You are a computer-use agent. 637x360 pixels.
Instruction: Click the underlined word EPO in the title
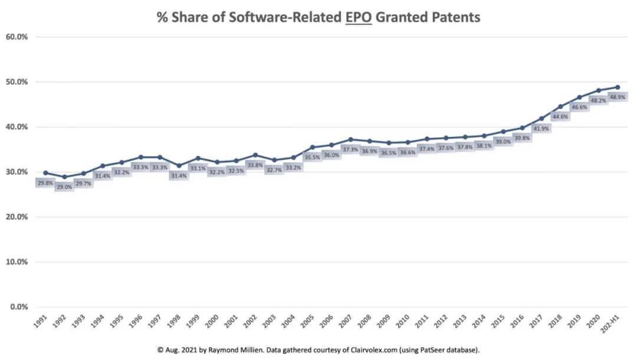[x=352, y=17]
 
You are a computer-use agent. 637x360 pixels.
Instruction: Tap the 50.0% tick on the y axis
[x=17, y=82]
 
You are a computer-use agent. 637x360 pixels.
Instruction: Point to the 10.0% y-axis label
[x=17, y=262]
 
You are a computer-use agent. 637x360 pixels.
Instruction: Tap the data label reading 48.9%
[x=617, y=96]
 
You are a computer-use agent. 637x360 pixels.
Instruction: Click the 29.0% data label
[x=65, y=186]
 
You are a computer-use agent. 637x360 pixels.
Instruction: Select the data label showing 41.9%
[x=541, y=128]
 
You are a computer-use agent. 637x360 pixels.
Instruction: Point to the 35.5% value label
[x=312, y=157]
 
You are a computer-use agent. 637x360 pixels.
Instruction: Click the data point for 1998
[x=179, y=166]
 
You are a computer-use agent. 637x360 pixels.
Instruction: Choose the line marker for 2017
[x=541, y=119]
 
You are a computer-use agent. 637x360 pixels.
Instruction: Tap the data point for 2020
[x=598, y=90]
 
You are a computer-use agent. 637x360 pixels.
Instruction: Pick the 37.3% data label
[x=350, y=149]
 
